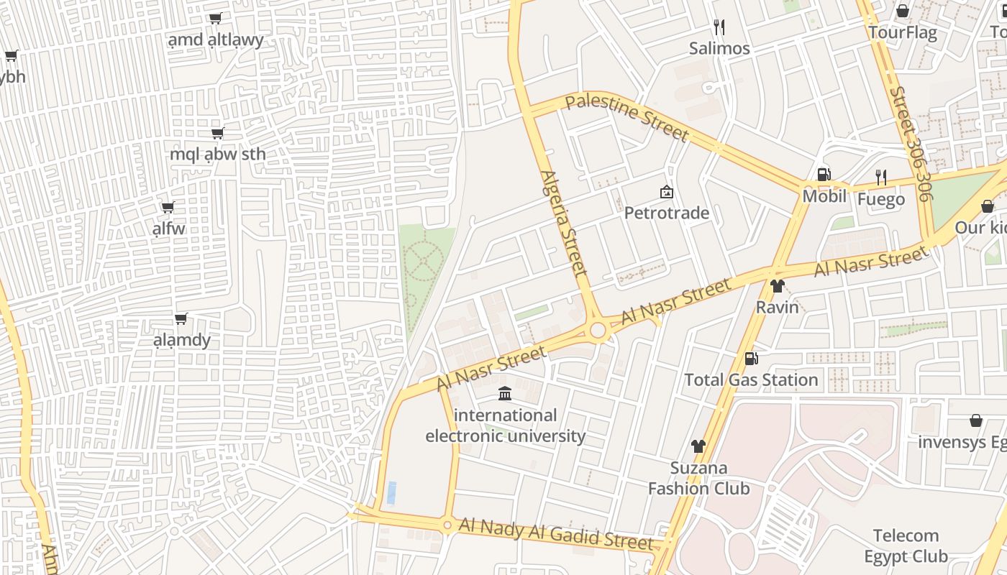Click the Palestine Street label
click(627, 118)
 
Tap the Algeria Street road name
click(565, 223)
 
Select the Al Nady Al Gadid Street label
click(555, 534)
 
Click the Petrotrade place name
click(666, 213)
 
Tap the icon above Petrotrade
click(666, 192)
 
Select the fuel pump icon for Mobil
click(824, 175)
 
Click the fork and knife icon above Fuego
click(880, 177)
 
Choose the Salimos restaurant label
click(719, 49)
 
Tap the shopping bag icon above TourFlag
click(902, 11)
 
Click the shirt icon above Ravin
click(777, 286)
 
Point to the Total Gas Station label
click(751, 379)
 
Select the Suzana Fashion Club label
click(698, 479)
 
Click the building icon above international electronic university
click(505, 394)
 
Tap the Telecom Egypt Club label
click(906, 546)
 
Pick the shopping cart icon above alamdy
click(181, 318)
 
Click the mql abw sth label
click(217, 154)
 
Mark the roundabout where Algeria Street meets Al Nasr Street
click(598, 331)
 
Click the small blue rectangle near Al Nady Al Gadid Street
click(391, 493)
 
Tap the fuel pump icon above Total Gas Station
click(751, 358)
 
